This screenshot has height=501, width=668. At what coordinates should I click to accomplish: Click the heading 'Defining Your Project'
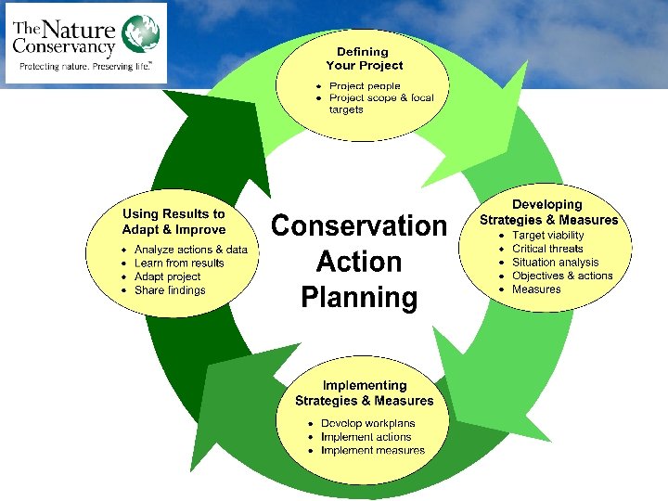coord(364,58)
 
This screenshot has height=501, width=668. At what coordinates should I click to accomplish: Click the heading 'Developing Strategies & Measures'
coord(548,212)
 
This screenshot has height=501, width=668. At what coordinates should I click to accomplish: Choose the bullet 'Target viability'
coord(548,236)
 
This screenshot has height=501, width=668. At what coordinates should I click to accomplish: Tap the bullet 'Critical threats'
coord(547,249)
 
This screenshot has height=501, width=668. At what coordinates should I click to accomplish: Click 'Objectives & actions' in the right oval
coord(562,276)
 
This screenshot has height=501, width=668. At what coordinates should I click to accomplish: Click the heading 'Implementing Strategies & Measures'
coord(364,392)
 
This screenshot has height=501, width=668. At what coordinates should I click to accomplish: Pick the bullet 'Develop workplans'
coord(367,423)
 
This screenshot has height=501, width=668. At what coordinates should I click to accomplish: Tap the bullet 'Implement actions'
coord(366,437)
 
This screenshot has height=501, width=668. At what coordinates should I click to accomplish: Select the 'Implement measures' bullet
coord(372,451)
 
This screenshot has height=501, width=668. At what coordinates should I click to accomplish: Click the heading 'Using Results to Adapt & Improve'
coord(173,222)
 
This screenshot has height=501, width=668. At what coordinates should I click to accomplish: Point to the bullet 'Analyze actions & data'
coord(190,250)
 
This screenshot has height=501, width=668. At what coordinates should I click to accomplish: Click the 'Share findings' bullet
coord(170,290)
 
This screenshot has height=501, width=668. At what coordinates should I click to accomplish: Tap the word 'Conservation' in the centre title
coord(358,226)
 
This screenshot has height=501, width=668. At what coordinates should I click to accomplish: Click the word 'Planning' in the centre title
coord(358,298)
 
